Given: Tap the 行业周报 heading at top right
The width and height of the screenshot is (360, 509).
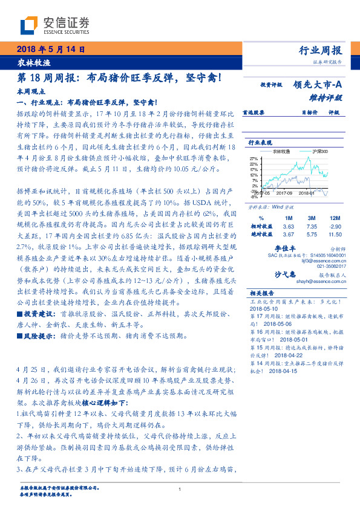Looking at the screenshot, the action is coord(321,50).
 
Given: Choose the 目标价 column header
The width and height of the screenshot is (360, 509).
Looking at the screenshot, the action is coord(310,112).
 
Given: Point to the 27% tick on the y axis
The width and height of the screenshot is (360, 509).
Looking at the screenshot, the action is coord(254,158).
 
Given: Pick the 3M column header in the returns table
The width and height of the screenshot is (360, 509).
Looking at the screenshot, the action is coord(313,217).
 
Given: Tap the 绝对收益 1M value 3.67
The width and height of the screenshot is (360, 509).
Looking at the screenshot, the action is coord(289,234).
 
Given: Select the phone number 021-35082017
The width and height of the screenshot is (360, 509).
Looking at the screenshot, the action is coord(328,265).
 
